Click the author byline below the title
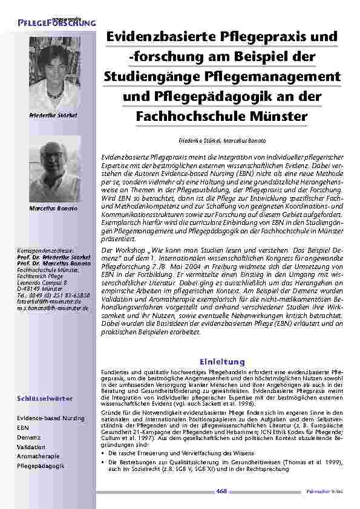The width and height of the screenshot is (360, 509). (221, 140)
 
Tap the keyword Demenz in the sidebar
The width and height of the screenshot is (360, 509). (28, 436)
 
